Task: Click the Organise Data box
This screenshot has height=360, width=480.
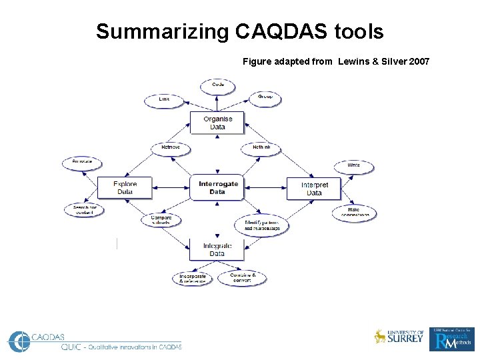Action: [x=218, y=123]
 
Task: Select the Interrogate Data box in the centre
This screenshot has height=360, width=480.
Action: [x=218, y=187]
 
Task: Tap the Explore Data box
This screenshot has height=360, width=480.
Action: [x=125, y=188]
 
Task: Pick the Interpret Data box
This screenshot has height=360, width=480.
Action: [x=314, y=189]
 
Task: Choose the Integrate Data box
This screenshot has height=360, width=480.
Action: [x=217, y=249]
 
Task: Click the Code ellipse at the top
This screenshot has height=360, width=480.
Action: [x=218, y=86]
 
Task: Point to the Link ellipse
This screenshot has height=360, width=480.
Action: [x=164, y=100]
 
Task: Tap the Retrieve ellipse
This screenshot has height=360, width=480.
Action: [x=171, y=148]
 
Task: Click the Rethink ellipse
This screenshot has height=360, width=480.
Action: [x=261, y=148]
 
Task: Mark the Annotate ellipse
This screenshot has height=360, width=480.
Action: [x=82, y=163]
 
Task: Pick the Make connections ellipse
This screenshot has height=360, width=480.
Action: [x=354, y=213]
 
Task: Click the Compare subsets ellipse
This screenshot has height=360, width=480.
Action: [x=161, y=219]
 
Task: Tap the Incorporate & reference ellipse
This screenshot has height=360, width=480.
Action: [x=193, y=279]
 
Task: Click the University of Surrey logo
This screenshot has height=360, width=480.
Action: [x=399, y=337]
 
